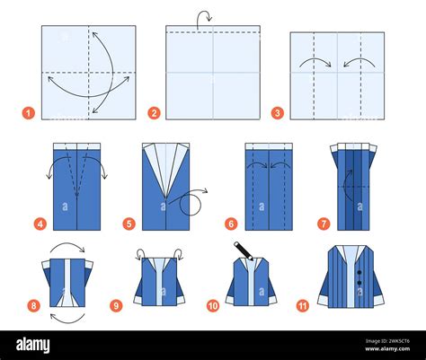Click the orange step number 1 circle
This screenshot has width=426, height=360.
coord(28,113)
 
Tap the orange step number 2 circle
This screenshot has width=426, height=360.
coord(154,113)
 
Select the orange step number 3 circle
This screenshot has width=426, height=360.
coord(278,113)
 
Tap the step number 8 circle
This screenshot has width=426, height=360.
coord(33,305)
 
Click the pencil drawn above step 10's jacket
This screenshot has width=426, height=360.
coord(242,248)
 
